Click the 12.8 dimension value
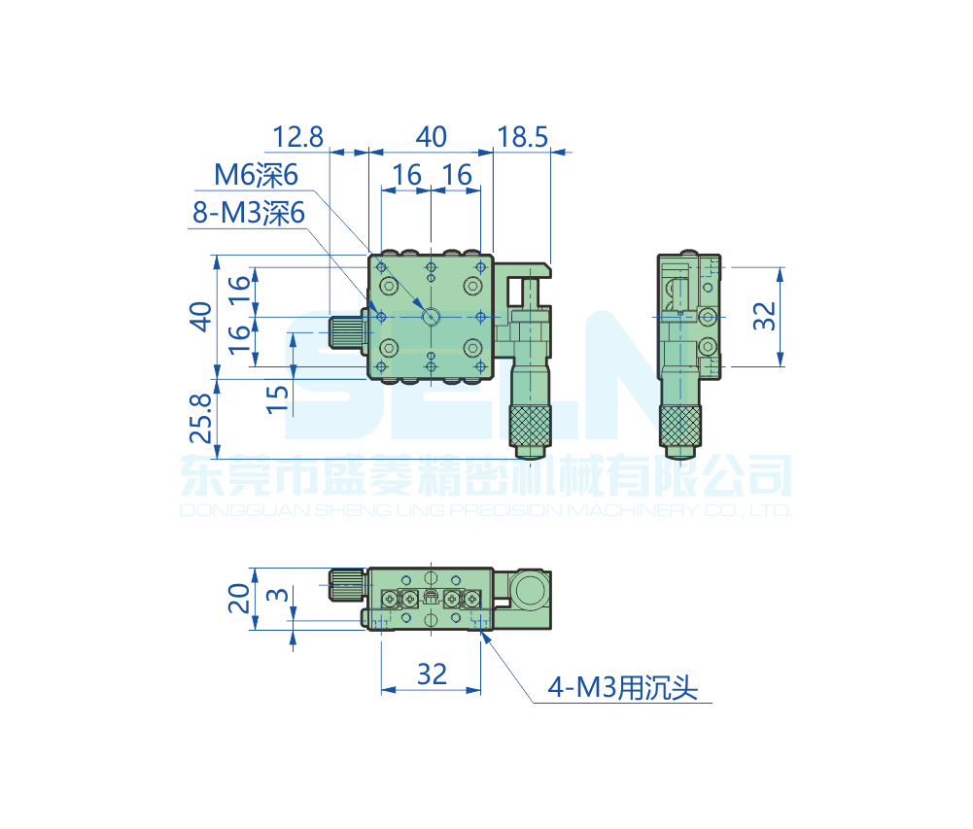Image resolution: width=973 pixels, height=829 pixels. coord(297,137)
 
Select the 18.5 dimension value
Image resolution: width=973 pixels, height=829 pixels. coord(523,137)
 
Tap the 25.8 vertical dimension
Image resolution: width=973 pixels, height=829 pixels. coord(201,418)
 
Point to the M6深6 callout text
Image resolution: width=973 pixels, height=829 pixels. coord(256,175)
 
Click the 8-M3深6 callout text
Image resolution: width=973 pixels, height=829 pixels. coord(248,213)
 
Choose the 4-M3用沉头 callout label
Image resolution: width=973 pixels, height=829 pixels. coord(622,687)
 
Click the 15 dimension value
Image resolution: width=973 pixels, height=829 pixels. coord(277,399)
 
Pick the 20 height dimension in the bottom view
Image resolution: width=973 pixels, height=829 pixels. coord(239,598)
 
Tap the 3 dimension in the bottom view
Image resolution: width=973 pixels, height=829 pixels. coord(277,595)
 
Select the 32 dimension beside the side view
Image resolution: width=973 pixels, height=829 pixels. coord(764,316)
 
